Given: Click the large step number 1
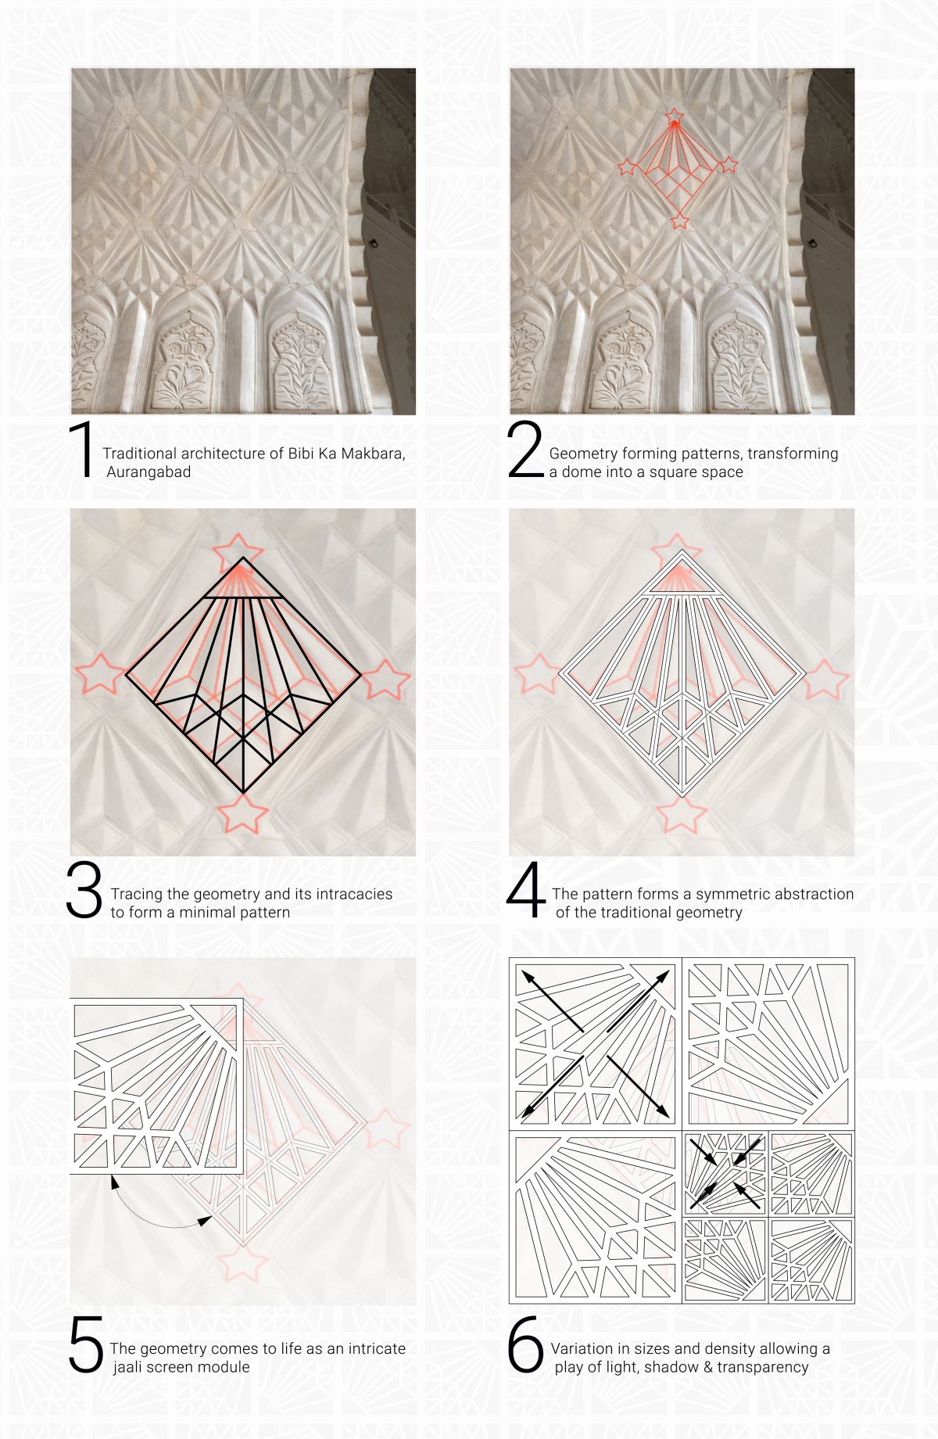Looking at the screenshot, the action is coord(84,449).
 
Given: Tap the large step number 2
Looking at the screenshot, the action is coord(524,449).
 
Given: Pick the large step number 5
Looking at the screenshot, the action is coord(86,1344).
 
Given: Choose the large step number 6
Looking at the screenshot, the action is coord(525,1344).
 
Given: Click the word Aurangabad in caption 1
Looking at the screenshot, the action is coord(149,472).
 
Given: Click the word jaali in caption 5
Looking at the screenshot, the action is coord(130,1367).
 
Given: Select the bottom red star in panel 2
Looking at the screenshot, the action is coord(680,221).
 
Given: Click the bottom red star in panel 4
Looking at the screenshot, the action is coord(682,814).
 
